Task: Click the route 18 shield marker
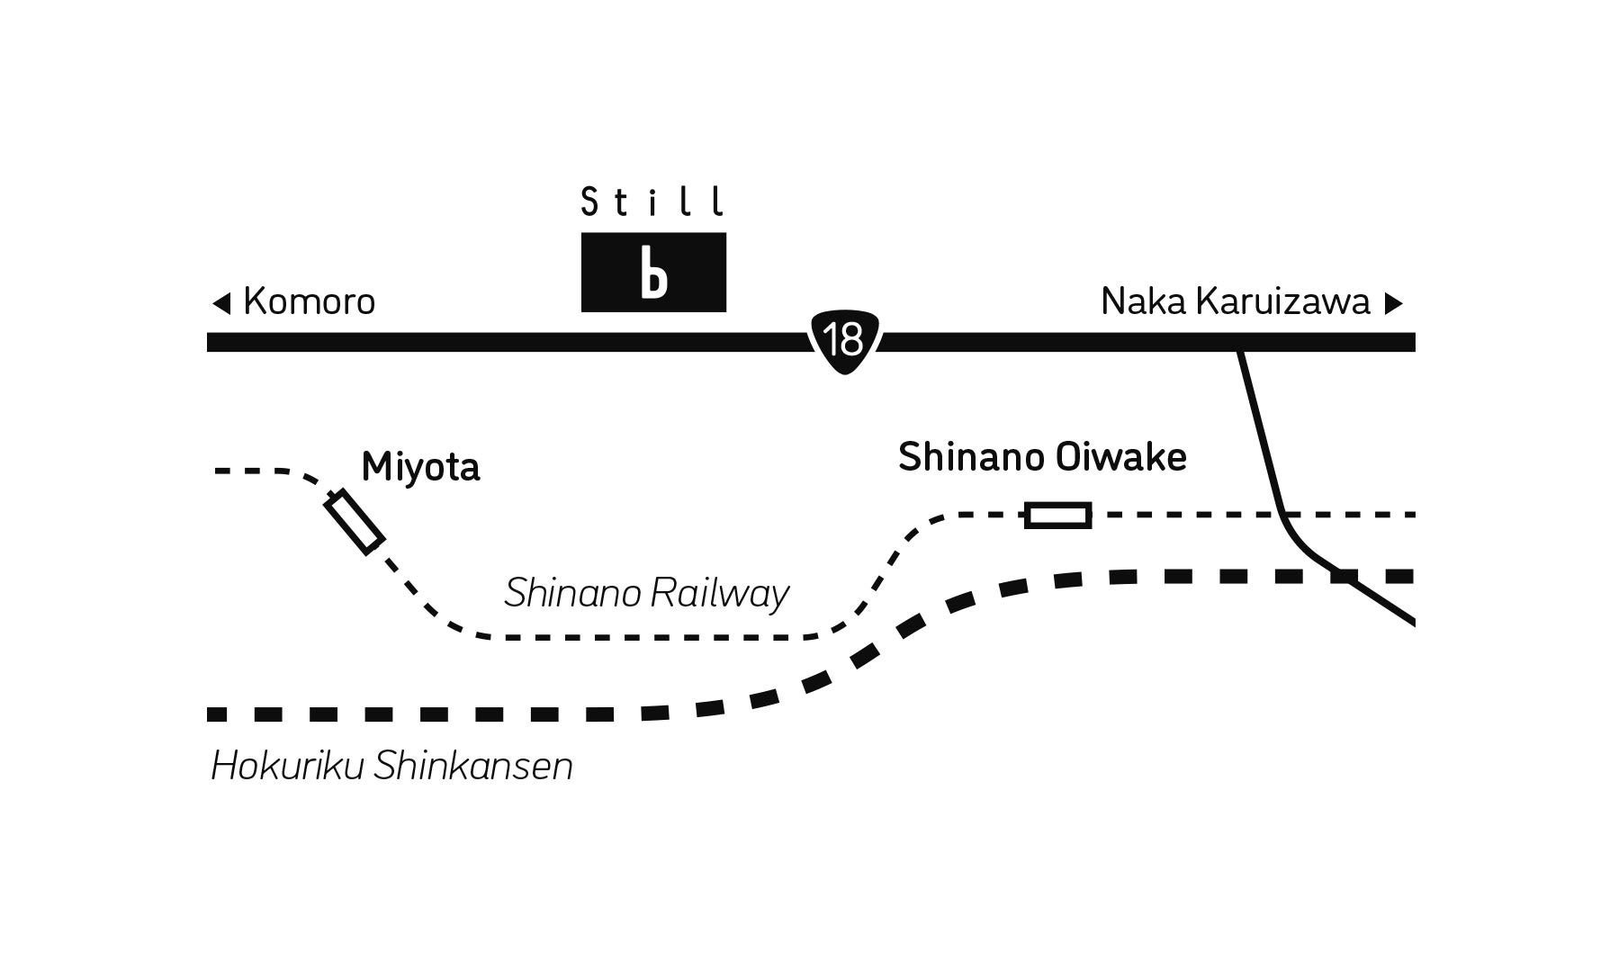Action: pyautogui.click(x=845, y=340)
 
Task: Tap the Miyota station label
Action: pyautogui.click(x=420, y=467)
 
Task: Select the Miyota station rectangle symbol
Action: pyautogui.click(x=354, y=522)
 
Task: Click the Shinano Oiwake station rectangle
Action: pyautogui.click(x=1058, y=516)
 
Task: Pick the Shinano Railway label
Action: pyautogui.click(x=646, y=594)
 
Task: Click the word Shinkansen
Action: pyautogui.click(x=473, y=767)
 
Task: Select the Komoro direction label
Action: pyautogui.click(x=309, y=302)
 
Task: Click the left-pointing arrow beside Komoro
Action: pyautogui.click(x=221, y=303)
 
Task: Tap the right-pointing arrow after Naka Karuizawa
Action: pyautogui.click(x=1393, y=303)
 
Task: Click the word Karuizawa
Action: pyautogui.click(x=1282, y=302)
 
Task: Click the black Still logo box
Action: pyautogui.click(x=653, y=272)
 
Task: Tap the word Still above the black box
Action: pyautogui.click(x=652, y=202)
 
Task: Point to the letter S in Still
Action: pyautogui.click(x=589, y=202)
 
